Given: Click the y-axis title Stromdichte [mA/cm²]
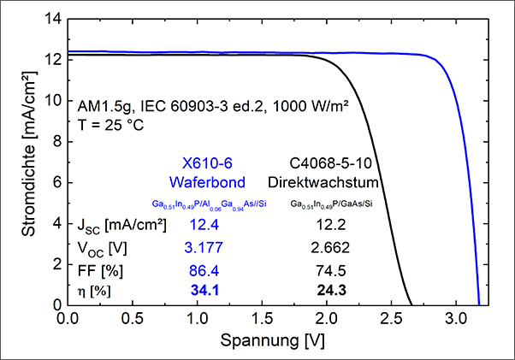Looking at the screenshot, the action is (29, 154).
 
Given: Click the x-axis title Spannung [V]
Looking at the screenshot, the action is (272, 340).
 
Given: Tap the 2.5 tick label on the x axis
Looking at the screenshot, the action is (391, 318).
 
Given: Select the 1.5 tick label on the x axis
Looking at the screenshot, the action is (262, 318).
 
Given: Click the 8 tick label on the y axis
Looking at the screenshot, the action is (57, 142).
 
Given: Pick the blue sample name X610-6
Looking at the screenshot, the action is (207, 163).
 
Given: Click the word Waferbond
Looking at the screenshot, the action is (207, 182).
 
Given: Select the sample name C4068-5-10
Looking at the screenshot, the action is (331, 163).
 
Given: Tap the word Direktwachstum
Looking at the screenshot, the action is (323, 182).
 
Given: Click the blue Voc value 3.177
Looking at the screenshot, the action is (204, 247).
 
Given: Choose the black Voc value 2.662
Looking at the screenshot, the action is (330, 247).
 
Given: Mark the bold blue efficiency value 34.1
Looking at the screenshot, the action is (205, 290).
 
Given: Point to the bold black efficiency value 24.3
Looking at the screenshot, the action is (331, 290).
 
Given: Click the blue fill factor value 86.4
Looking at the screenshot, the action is (204, 271).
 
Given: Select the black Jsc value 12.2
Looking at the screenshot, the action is (331, 225).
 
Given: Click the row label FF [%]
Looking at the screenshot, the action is (100, 271).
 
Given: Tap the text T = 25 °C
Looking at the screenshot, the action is (110, 125).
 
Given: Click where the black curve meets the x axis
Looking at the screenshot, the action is (411, 305).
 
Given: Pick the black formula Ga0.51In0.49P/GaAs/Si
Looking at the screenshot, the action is (331, 204).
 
